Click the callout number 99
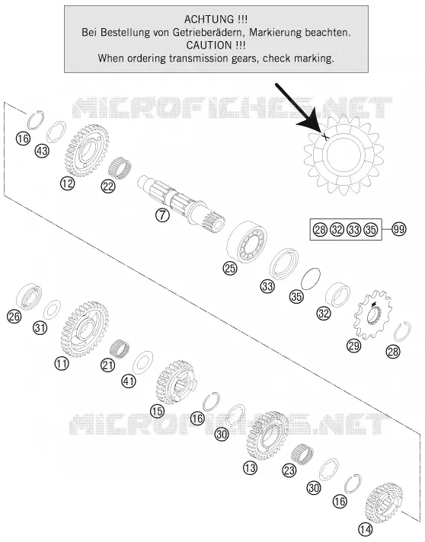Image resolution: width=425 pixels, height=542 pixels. tap(398, 229)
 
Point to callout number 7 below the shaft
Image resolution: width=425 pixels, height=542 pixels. tap(162, 215)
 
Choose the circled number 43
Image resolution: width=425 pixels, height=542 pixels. tap(43, 151)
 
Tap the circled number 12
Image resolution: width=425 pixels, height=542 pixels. tap(67, 183)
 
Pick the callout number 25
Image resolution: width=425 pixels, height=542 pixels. tap(230, 268)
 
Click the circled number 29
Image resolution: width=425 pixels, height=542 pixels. tap(353, 346)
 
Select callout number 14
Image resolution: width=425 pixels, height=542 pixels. tap(365, 529)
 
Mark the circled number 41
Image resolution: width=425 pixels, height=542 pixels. tap(128, 381)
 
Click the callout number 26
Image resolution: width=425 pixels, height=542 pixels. tap(14, 316)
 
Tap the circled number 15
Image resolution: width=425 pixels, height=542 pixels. tap(158, 411)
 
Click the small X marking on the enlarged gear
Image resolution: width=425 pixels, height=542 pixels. tap(325, 136)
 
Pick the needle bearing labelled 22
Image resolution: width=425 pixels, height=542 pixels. tap(120, 168)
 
